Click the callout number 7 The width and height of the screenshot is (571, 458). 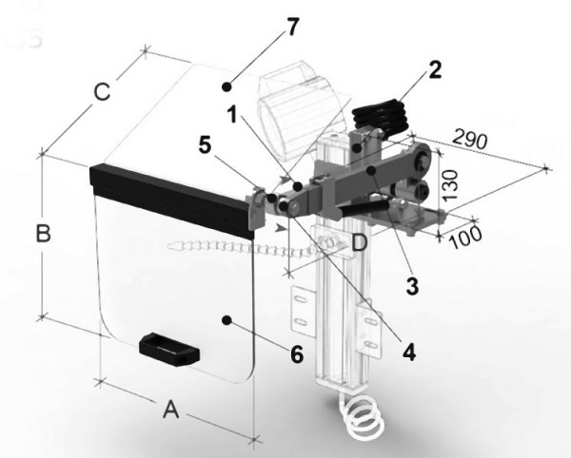(292, 27)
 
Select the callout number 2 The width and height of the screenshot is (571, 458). (435, 69)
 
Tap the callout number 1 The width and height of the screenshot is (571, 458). (232, 113)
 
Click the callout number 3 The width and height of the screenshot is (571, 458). (412, 286)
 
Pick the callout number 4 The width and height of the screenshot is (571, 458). (409, 352)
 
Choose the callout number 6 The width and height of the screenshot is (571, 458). (297, 353)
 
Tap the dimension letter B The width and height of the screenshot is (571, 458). (44, 233)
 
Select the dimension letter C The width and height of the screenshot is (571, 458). (102, 91)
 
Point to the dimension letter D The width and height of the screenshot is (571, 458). (360, 242)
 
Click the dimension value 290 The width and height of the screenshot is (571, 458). (470, 140)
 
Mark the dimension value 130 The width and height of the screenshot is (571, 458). (451, 185)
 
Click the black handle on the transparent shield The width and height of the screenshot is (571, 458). (169, 349)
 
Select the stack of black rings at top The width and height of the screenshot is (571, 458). (380, 116)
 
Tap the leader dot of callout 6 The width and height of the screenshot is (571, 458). (226, 320)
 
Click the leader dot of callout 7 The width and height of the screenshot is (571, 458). (226, 86)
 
